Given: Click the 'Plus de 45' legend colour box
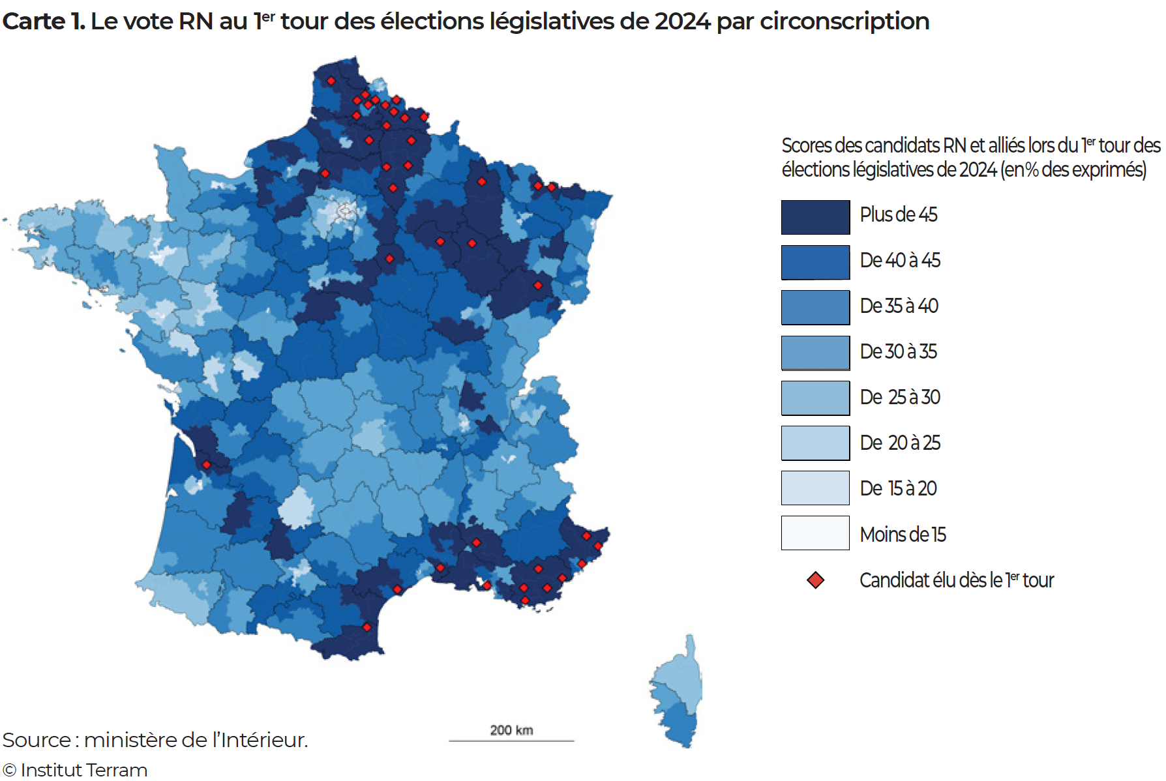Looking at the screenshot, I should [815, 217].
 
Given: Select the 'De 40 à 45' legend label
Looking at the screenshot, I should [900, 260].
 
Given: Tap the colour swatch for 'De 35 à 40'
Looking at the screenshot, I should [815, 307].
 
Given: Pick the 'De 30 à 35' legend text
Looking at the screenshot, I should [898, 351].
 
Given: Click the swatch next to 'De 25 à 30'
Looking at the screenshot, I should [815, 398].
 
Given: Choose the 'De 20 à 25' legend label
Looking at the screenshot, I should [900, 443].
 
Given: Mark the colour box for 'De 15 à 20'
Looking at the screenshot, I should [815, 488].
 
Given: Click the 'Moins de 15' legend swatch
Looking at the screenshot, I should [815, 533].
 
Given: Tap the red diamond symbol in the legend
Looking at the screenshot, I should [815, 580].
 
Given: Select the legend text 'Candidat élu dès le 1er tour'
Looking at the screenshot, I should [956, 580].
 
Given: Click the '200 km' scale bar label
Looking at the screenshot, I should [511, 730].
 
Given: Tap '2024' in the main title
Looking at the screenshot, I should [682, 22].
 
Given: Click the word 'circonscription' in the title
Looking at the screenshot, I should [845, 22].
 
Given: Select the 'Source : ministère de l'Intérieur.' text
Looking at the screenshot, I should [155, 740].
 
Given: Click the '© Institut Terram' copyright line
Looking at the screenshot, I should [75, 770].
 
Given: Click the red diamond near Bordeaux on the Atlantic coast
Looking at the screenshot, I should [206, 465].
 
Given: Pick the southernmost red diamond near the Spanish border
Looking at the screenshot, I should [366, 627].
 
